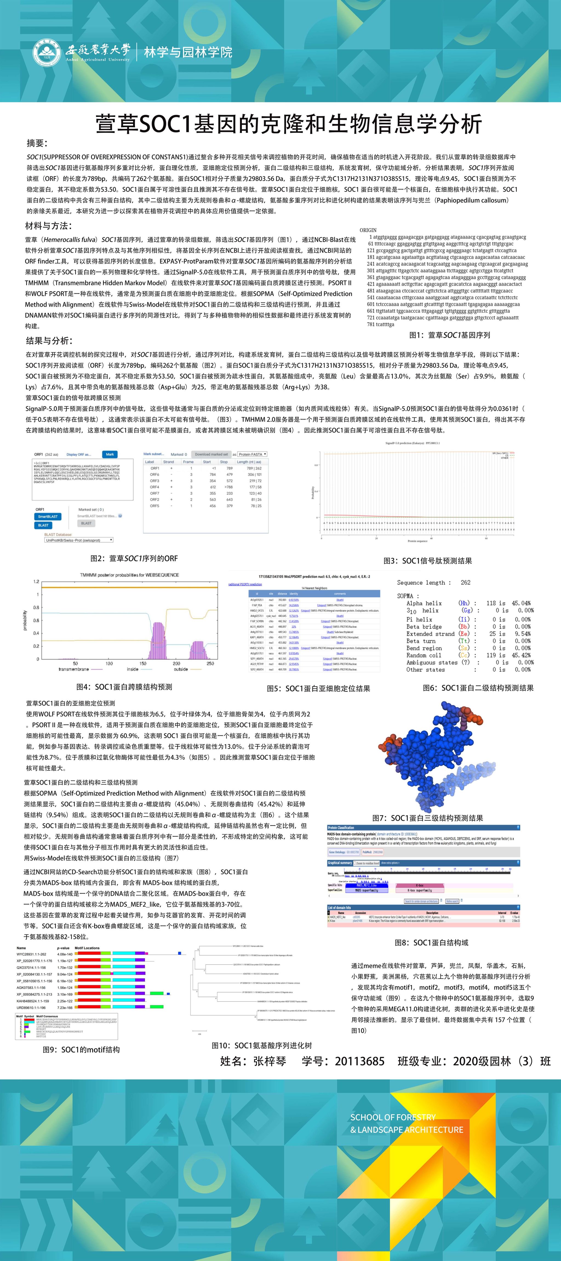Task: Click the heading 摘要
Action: (37, 143)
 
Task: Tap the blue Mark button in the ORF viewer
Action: (110, 454)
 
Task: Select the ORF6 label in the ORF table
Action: (155, 474)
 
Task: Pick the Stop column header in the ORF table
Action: (224, 461)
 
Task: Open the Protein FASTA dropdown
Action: (252, 454)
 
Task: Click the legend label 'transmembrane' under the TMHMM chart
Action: (73, 669)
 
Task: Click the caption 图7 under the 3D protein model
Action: (427, 818)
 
